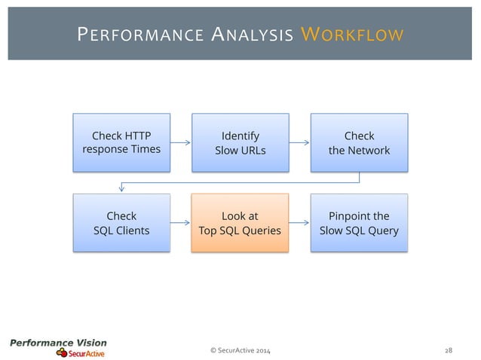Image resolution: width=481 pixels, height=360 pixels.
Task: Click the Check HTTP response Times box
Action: pos(121,142)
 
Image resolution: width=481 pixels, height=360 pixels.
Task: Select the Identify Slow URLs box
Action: pos(240,142)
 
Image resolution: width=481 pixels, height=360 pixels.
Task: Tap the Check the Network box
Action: pos(359,142)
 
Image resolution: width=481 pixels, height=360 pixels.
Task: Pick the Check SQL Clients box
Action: pos(121,222)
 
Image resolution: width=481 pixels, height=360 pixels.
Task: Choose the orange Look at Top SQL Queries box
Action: pos(240,222)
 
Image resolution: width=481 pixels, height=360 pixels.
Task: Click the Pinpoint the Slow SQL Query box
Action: pos(359,222)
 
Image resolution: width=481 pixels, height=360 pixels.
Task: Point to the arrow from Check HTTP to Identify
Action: pos(180,142)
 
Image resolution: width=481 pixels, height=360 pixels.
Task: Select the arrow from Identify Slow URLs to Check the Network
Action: pos(299,142)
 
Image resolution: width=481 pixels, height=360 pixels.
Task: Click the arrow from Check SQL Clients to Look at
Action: pos(180,223)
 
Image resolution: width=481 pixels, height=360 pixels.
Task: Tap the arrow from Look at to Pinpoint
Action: pos(299,223)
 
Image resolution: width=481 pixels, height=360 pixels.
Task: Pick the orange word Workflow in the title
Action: pos(351,35)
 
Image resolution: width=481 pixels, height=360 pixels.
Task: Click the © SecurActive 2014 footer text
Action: pos(240,349)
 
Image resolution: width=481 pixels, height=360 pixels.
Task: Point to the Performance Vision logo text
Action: pos(58,343)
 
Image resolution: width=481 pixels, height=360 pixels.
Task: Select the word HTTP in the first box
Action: pos(136,136)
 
